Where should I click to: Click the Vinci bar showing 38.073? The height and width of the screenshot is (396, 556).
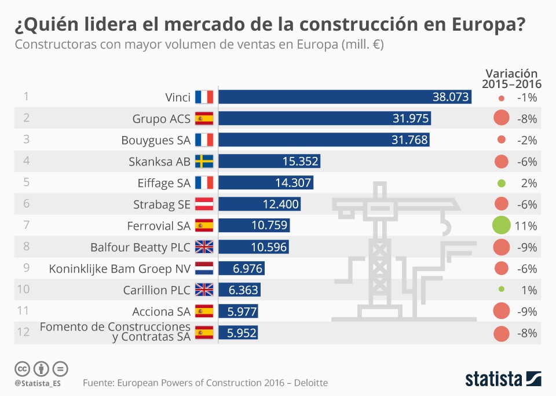point(344,97)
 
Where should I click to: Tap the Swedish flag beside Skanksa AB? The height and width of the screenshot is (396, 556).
point(204,162)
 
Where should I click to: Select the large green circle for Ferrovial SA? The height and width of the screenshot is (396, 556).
point(501,226)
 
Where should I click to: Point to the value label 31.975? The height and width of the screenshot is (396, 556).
point(411,119)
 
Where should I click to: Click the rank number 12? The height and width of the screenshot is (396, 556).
point(24,332)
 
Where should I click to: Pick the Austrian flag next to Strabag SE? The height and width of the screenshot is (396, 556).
point(204,204)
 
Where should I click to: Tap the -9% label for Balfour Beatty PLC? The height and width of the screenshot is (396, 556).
point(526,247)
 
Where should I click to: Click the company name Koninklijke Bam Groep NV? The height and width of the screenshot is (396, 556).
point(119,269)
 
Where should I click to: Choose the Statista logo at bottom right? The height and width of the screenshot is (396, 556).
point(503,379)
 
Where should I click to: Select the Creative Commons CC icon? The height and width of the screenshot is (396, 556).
point(22,368)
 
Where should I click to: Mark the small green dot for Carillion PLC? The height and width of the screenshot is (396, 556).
point(501,289)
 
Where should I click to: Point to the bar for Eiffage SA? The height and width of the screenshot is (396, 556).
point(265,183)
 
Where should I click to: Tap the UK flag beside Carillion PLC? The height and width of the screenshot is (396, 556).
point(204,290)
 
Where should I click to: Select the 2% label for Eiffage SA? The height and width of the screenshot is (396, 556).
point(529,183)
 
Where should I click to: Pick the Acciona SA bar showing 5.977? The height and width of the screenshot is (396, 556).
point(238,311)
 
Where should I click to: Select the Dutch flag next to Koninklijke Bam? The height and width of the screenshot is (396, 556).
point(204,269)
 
